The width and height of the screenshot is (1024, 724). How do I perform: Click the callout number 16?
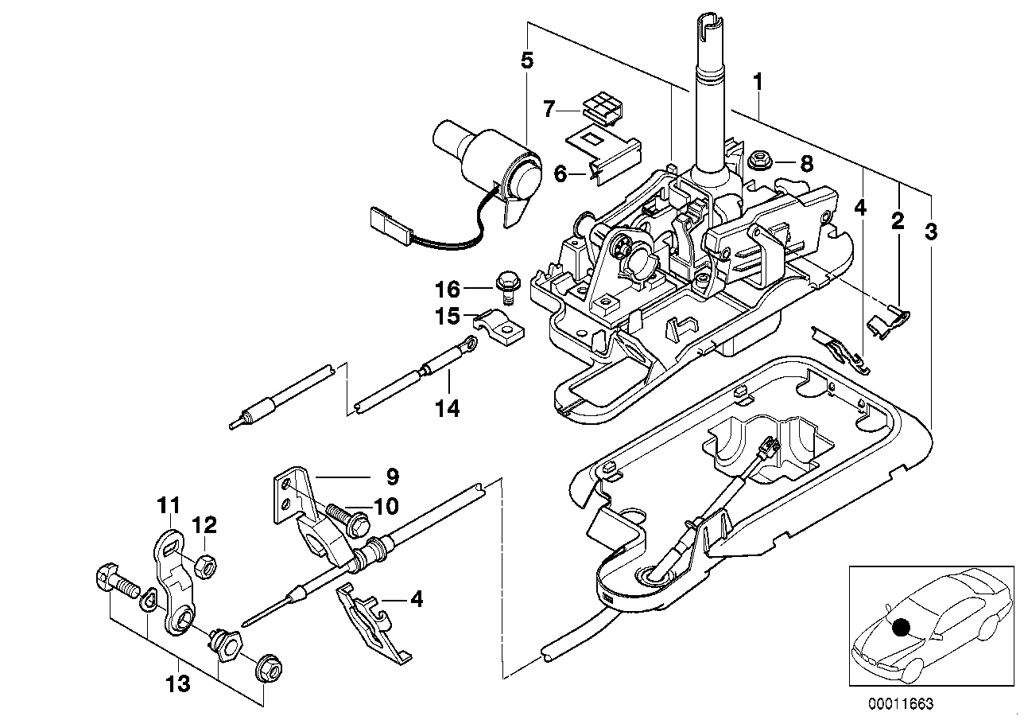[x=448, y=288]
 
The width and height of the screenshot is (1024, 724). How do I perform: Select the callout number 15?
[x=448, y=317]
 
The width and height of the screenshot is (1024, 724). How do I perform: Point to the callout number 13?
[x=178, y=683]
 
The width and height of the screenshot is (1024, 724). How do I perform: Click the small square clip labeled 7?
[x=601, y=109]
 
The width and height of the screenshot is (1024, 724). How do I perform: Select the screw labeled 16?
[x=506, y=285]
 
